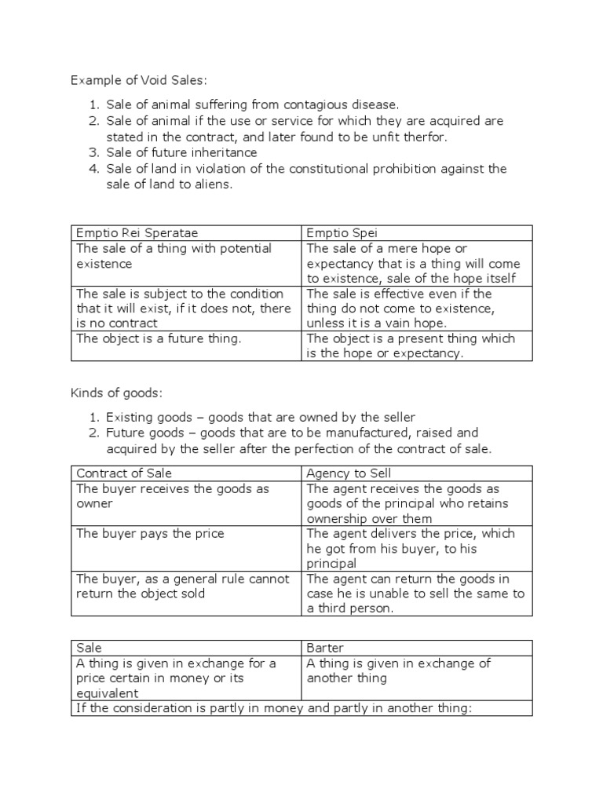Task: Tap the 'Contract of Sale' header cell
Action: (123, 473)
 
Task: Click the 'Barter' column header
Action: (325, 648)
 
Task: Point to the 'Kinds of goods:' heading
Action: (116, 393)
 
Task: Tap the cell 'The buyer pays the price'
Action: (150, 533)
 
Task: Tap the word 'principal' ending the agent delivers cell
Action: (334, 564)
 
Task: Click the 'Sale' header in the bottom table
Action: (90, 648)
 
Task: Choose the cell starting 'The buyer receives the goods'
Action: (172, 495)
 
